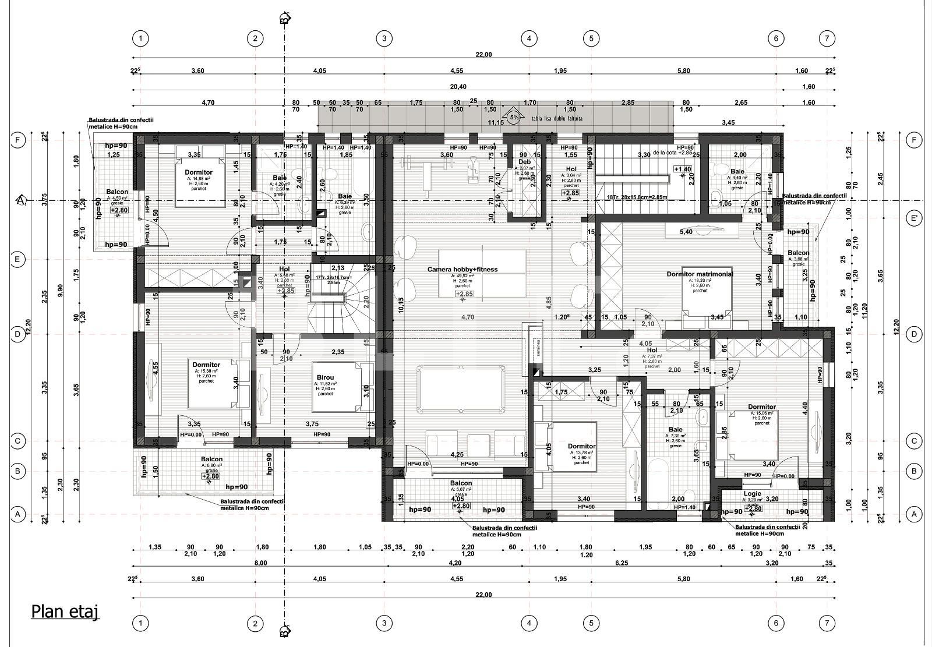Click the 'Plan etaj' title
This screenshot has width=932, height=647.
point(65,611)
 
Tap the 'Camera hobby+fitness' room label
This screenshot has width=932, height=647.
point(463,269)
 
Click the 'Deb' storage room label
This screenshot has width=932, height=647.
point(524,162)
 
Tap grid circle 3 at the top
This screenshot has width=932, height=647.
point(384,39)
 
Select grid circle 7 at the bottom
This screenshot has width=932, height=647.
point(827,624)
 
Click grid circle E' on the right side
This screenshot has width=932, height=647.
point(915,219)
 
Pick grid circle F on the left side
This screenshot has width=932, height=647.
point(18,140)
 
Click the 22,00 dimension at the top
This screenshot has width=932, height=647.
point(483,55)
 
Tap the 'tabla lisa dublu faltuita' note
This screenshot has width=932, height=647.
point(557,118)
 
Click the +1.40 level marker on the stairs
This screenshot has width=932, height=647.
point(682,169)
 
